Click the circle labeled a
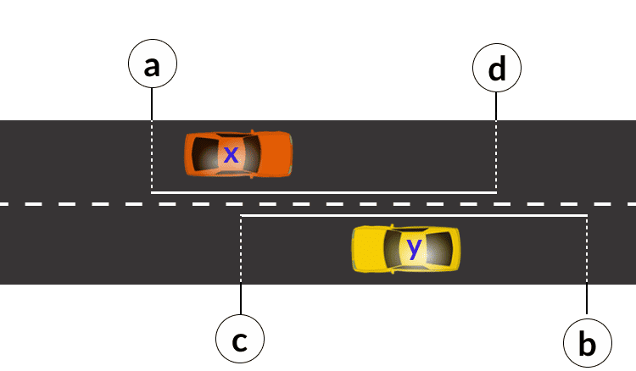click(152, 65)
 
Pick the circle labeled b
click(587, 343)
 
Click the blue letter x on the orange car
click(231, 153)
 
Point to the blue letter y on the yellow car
click(413, 247)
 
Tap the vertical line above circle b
click(587, 271)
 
